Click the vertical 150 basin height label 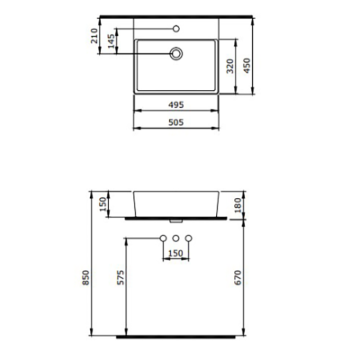coord(104,205)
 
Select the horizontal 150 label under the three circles coord(176,254)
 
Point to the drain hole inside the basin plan coord(176,54)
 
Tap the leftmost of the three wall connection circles coord(163,237)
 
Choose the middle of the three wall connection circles coord(176,237)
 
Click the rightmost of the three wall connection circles coord(190,237)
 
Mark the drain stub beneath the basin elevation coord(176,219)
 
